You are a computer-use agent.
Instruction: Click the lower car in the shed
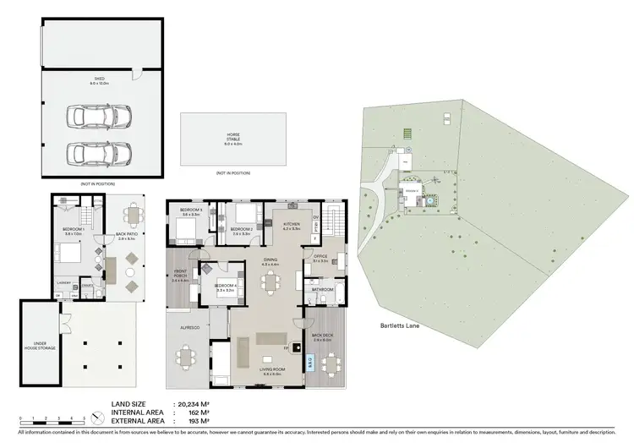tap(91, 153)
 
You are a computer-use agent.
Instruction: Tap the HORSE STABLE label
tap(232, 137)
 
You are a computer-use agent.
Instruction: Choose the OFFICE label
tap(320, 256)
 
